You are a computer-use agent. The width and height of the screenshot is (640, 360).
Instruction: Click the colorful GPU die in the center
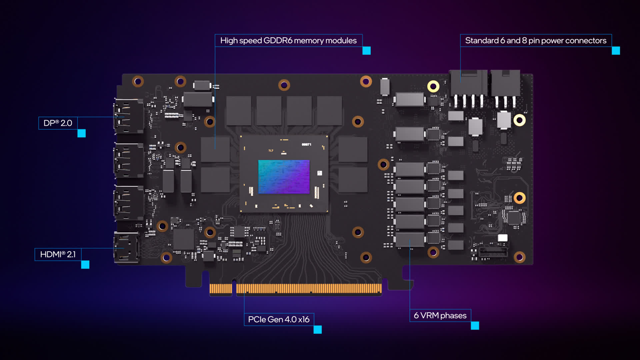pyautogui.click(x=284, y=177)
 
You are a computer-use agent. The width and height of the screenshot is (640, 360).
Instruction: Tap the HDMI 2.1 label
pyautogui.click(x=58, y=254)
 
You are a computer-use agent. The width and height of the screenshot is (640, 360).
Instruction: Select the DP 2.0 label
pyautogui.click(x=58, y=123)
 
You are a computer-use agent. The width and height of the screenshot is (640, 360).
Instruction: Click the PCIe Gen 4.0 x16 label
pyautogui.click(x=279, y=319)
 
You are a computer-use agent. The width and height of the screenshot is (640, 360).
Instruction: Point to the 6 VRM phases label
pyautogui.click(x=440, y=315)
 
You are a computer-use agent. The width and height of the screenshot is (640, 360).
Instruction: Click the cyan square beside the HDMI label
pyautogui.click(x=85, y=265)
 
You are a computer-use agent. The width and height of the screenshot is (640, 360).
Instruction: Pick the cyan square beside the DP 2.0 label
pyautogui.click(x=82, y=133)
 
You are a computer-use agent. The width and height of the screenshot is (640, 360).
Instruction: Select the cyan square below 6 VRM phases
pyautogui.click(x=475, y=326)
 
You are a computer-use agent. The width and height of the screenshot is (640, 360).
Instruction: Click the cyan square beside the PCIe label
pyautogui.click(x=318, y=330)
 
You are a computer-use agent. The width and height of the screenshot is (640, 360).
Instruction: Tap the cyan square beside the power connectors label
pyautogui.click(x=616, y=51)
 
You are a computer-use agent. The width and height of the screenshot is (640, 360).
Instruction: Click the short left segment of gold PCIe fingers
pyautogui.click(x=221, y=289)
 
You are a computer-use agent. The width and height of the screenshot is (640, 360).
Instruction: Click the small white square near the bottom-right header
pyautogui.click(x=503, y=238)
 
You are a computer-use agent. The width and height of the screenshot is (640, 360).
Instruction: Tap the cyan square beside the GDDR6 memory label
pyautogui.click(x=367, y=51)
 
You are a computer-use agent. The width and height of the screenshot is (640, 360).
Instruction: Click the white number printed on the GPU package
pyautogui.click(x=306, y=144)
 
